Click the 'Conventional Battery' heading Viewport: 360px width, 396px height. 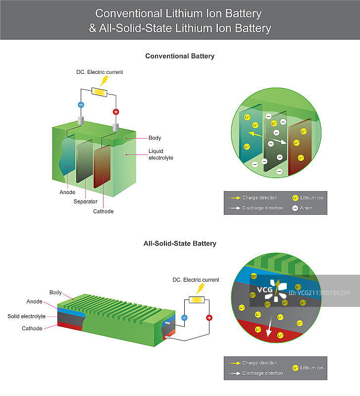tap(180, 56)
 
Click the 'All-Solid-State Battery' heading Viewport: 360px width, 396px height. tap(180, 244)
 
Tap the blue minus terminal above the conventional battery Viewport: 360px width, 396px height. tap(81, 104)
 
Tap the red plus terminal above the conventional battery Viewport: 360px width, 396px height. tap(116, 112)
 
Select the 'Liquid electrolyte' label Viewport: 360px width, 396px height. tap(161, 154)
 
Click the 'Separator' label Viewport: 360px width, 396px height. tap(85, 201)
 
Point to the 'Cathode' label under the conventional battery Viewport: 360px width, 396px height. tap(103, 211)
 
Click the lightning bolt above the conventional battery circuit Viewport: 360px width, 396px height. tap(104, 81)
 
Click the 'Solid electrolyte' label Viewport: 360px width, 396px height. tap(26, 316)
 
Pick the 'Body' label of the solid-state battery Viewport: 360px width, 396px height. tap(55, 293)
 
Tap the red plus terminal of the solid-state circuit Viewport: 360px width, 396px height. tap(209, 318)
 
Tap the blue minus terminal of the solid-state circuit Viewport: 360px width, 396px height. tap(184, 318)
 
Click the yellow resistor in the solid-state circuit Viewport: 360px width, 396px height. tap(197, 299)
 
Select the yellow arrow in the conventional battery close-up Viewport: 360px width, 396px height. tap(256, 134)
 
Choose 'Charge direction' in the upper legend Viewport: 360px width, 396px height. tap(259, 198)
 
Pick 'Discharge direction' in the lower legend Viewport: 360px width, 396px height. tap(262, 373)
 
